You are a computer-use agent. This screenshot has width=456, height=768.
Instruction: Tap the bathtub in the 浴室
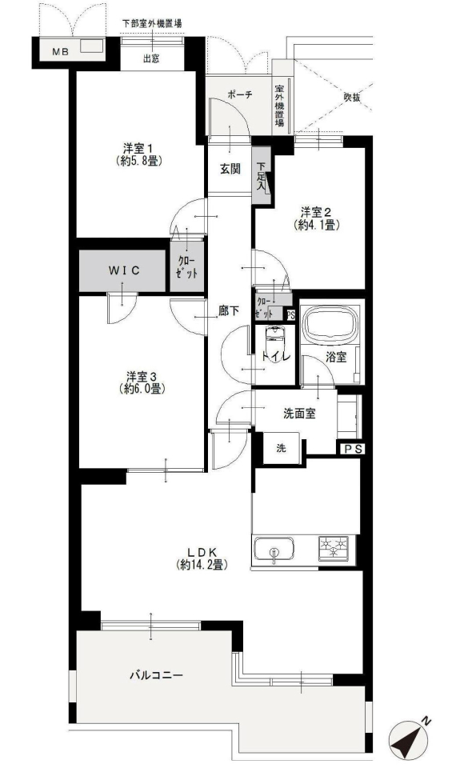(x=331, y=326)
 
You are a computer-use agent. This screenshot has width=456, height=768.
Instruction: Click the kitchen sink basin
(x=274, y=549)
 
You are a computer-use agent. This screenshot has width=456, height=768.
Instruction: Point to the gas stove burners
(x=334, y=548)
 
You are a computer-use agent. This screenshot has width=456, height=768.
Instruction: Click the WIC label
(x=124, y=270)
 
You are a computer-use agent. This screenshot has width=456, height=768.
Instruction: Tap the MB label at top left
(x=61, y=51)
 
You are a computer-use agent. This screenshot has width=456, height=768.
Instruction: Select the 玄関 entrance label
(x=230, y=170)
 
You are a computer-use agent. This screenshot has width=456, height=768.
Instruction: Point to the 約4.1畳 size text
(x=317, y=225)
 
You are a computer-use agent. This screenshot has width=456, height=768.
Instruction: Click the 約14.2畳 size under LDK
(x=202, y=565)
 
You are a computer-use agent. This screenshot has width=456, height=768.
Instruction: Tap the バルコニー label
(x=156, y=675)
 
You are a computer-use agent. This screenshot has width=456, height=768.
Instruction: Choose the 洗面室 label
(x=299, y=414)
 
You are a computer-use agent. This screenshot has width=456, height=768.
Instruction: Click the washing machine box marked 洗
(x=281, y=448)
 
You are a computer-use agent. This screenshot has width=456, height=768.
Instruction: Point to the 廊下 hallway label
(x=229, y=310)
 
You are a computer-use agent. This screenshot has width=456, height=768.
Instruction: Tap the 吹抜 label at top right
(x=352, y=98)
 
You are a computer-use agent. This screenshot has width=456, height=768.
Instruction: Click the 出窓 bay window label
(x=151, y=59)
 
